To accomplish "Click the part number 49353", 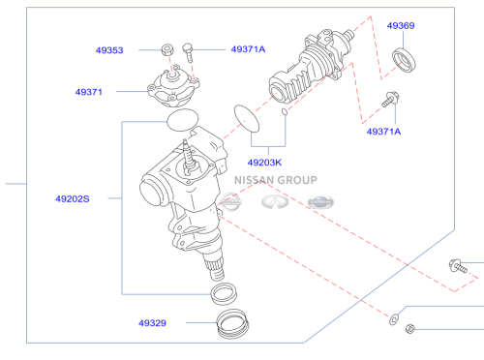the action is point(109,50).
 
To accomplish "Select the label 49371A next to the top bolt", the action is point(248,49).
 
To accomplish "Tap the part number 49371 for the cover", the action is point(89,92).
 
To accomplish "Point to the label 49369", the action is point(401,25).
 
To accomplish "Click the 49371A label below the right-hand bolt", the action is point(383,132).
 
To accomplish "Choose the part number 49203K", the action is point(264,163).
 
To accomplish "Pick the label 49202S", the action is point(73,198).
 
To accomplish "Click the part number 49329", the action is point(152,323).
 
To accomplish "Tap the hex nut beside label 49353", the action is point(167,49).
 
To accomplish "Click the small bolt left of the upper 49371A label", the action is point(188,52).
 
